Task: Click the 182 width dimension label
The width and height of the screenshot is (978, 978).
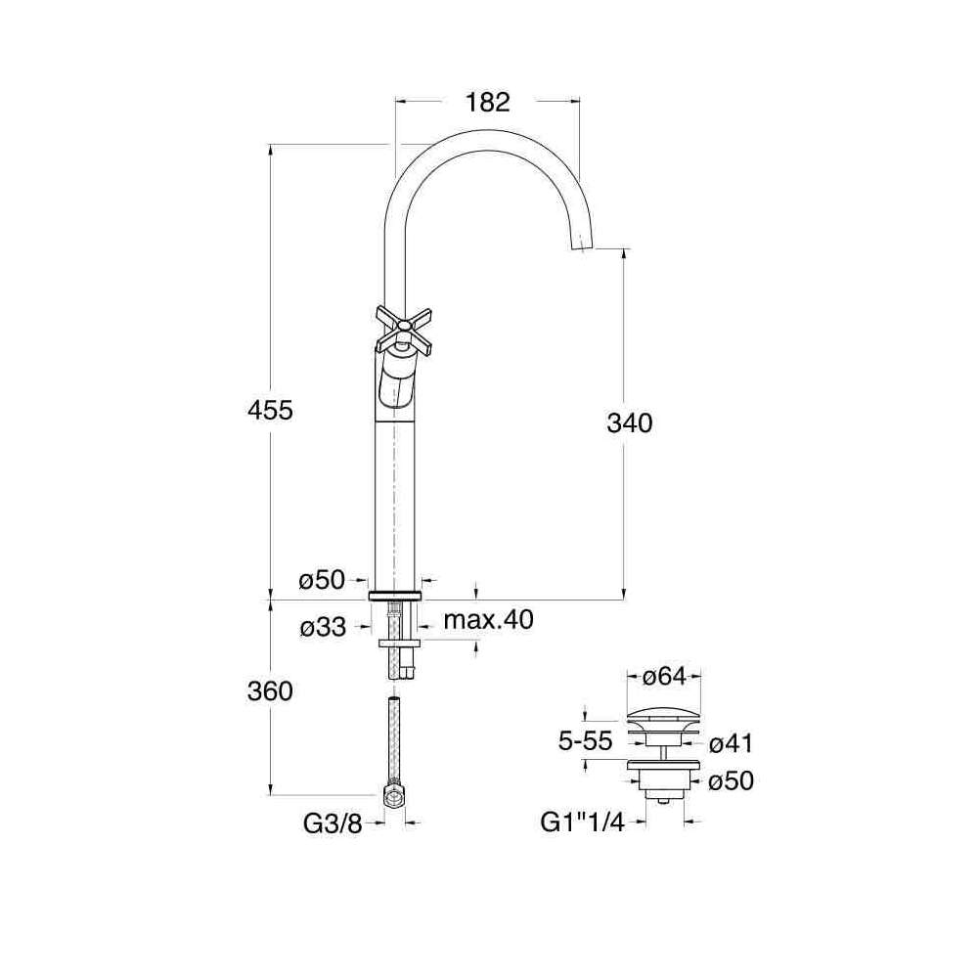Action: coord(488,103)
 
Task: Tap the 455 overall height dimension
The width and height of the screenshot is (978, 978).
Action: coord(270,411)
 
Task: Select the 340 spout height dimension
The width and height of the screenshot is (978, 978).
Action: coord(629,422)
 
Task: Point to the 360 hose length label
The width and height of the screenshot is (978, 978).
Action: coord(270,691)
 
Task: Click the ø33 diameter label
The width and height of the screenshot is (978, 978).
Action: coord(323,627)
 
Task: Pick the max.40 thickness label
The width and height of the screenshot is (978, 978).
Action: coord(488,620)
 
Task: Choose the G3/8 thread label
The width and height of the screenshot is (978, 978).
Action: coord(333,823)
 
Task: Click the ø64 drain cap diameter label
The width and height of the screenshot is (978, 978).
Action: coord(663,676)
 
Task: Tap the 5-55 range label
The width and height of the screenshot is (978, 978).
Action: coord(585,741)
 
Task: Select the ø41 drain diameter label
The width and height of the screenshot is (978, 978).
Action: coord(732,743)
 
